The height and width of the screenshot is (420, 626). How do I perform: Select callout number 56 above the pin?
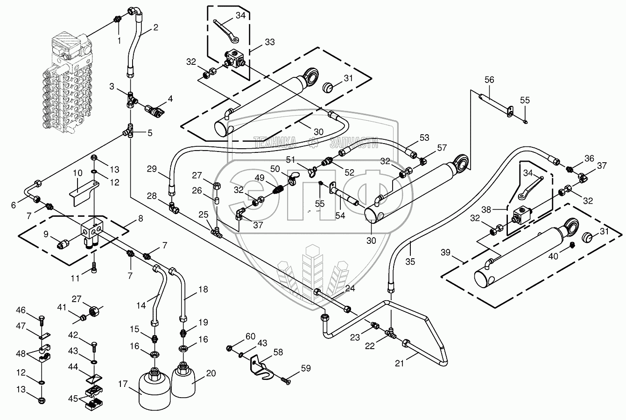(x=488, y=80)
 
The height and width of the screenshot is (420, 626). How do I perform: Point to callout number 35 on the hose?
(x=410, y=261)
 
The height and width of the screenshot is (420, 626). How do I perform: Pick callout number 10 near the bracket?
(x=77, y=173)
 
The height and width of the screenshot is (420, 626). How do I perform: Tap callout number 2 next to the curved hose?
(x=155, y=27)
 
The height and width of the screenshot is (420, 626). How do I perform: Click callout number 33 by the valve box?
(x=269, y=41)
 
